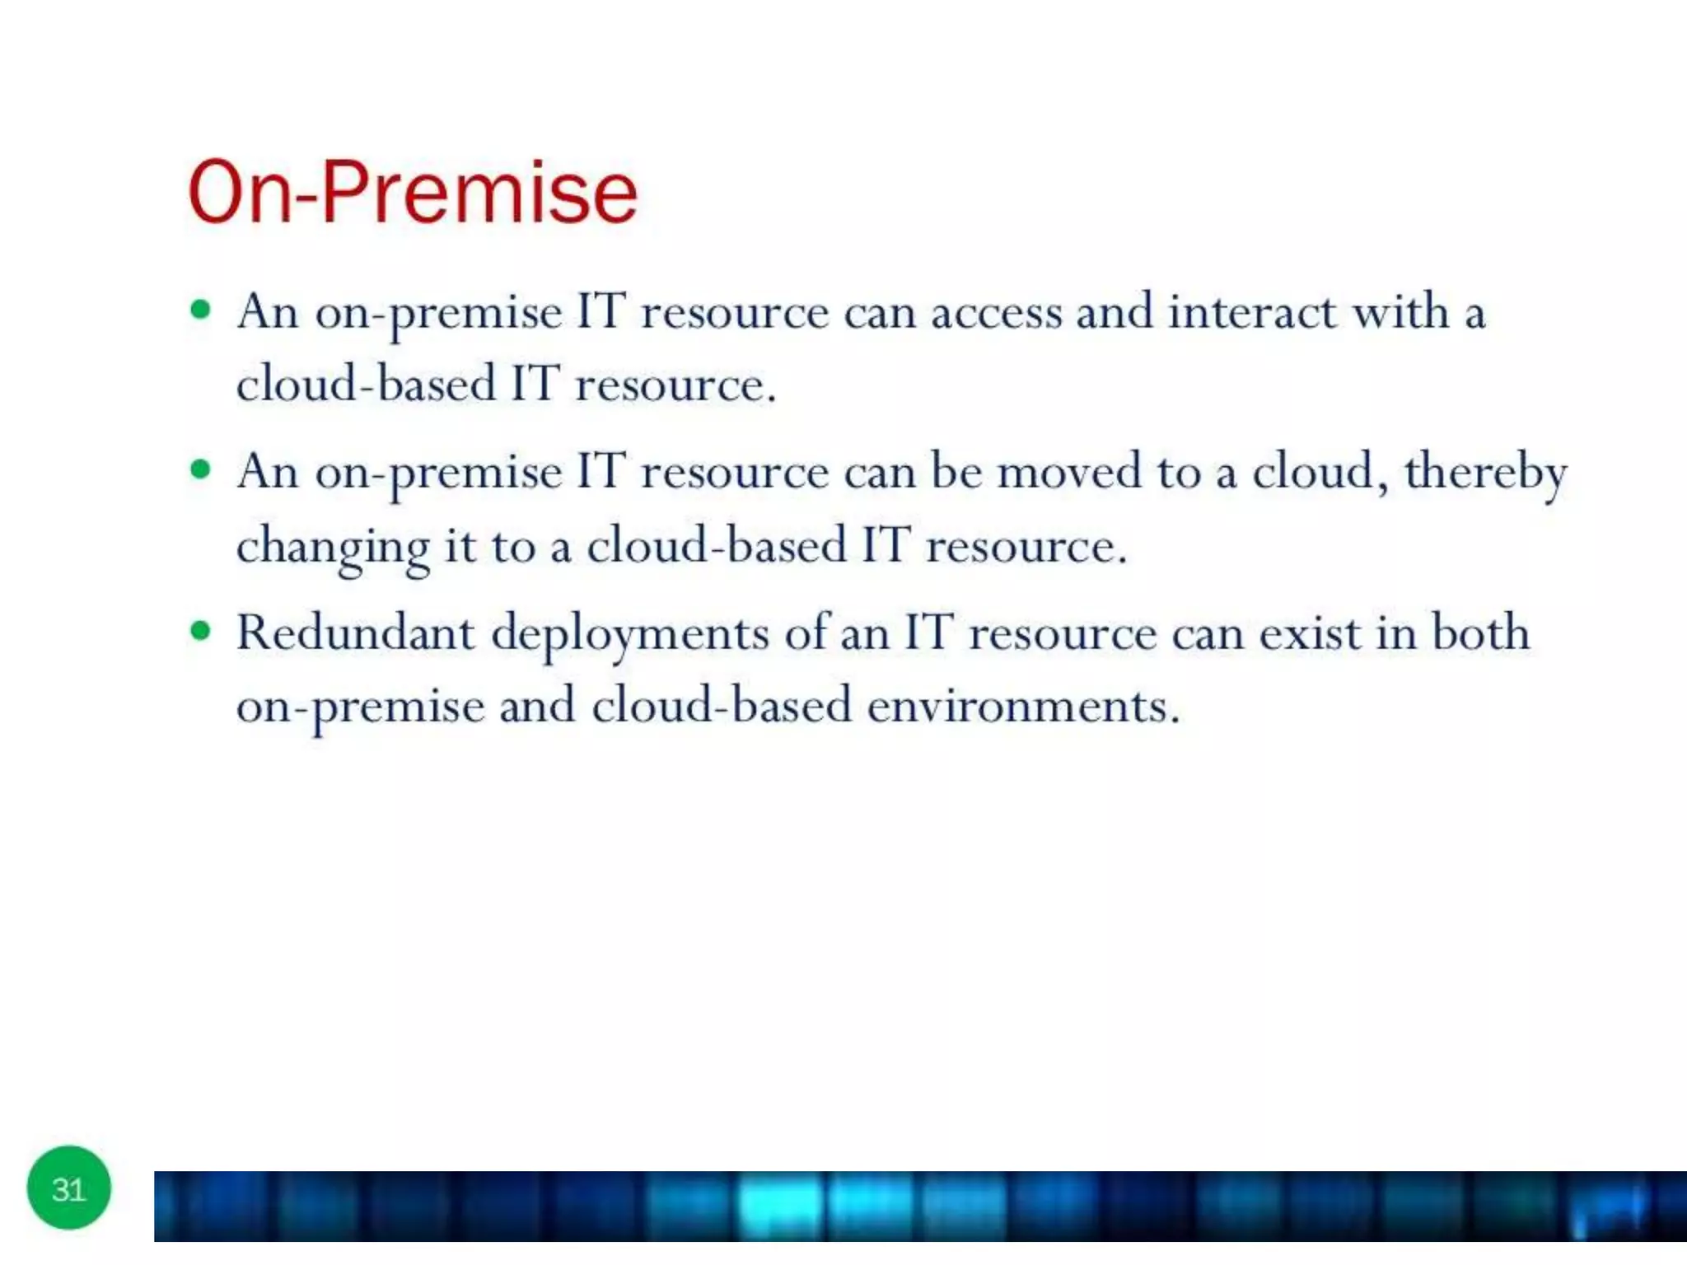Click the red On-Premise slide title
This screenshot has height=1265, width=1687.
pos(413,192)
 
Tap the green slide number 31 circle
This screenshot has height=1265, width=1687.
pos(68,1188)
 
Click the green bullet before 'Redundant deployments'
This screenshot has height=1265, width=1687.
pos(200,632)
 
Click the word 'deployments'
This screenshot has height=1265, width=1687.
pos(630,636)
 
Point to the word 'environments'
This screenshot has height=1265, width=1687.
pos(1023,706)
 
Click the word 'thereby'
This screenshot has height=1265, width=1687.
pos(1485,474)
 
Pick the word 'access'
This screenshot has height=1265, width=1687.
pos(997,314)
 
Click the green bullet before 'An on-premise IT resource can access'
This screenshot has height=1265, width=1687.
pos(200,310)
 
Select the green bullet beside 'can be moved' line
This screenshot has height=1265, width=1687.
pos(200,470)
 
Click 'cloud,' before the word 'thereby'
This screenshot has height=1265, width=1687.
pos(1320,473)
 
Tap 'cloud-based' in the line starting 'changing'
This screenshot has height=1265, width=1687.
pos(717,545)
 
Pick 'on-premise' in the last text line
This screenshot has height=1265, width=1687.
pos(360,707)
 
